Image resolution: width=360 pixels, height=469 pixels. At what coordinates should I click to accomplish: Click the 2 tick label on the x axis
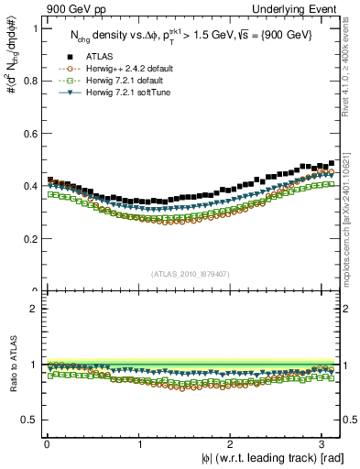point(233,442)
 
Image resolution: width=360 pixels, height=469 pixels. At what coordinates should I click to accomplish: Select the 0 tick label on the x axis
point(46,442)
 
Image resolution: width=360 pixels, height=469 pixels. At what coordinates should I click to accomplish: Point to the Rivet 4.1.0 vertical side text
point(351,73)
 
